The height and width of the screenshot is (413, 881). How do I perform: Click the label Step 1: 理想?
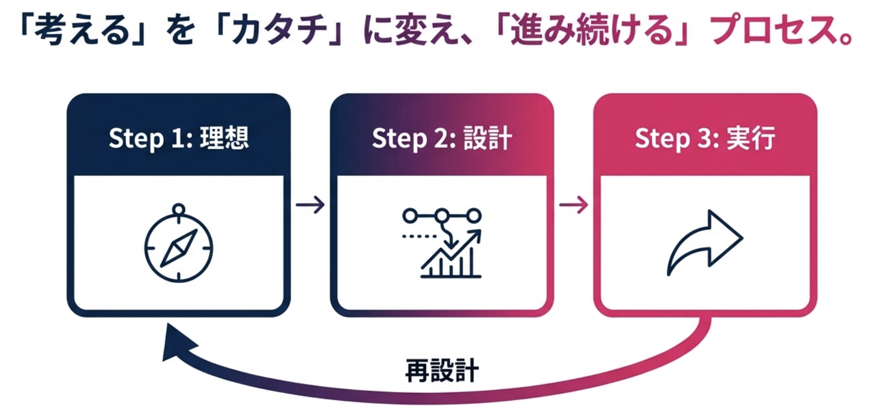[179, 138]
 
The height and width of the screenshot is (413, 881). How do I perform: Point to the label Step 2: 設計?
[442, 138]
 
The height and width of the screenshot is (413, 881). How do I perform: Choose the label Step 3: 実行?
[705, 138]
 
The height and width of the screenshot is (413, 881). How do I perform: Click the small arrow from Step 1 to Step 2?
[310, 205]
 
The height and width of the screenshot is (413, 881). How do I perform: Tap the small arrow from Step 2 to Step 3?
[574, 205]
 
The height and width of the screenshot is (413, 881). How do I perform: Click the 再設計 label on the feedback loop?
[442, 370]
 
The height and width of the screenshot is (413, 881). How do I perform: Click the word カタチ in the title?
[279, 30]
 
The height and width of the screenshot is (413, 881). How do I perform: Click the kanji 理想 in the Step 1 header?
[225, 138]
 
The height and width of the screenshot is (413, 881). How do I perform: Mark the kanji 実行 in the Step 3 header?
[751, 138]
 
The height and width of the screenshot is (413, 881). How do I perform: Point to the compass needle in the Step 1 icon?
[179, 248]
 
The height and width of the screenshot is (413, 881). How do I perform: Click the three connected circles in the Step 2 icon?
[442, 215]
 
